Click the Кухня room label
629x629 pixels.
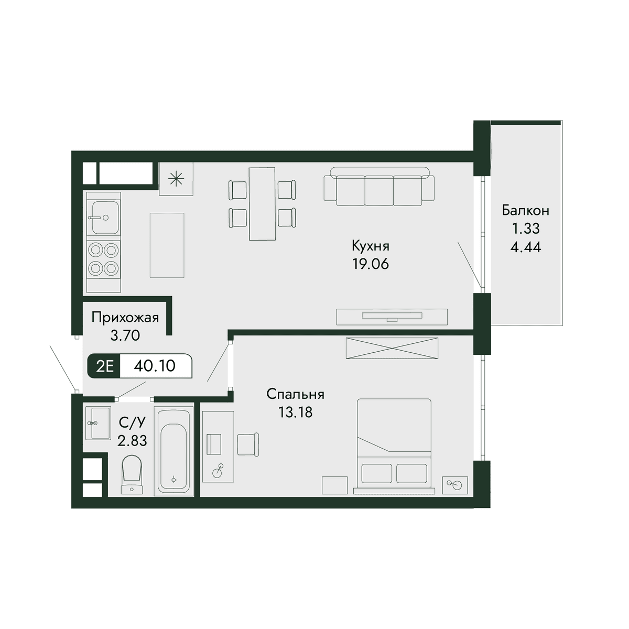(x=371, y=246)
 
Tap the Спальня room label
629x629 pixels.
(x=295, y=394)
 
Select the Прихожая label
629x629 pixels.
(x=125, y=317)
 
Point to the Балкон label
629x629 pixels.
(x=526, y=211)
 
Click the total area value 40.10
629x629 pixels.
(x=155, y=366)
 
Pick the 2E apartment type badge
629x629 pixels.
(x=105, y=366)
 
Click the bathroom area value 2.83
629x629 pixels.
(x=132, y=441)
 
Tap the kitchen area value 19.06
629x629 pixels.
(x=371, y=264)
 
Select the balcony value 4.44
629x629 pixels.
(x=526, y=247)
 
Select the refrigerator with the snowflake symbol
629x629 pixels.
(x=176, y=179)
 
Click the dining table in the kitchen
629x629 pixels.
(x=262, y=204)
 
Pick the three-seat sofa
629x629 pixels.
(x=379, y=187)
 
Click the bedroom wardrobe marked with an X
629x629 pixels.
(x=392, y=349)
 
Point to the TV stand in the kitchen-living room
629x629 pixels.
(x=392, y=317)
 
